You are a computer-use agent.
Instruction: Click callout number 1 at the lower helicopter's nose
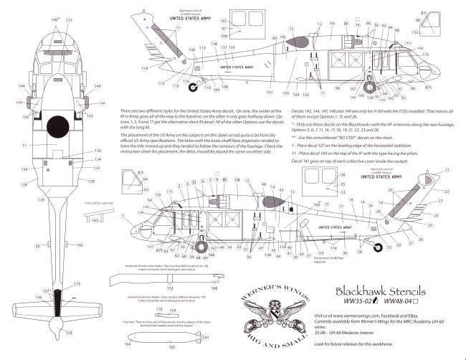tap(124, 215)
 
